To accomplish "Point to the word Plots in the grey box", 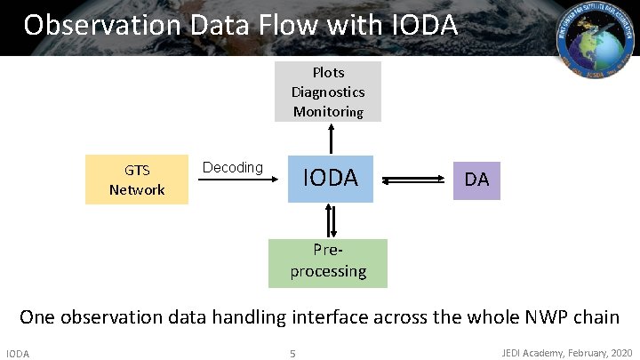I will (x=328, y=73).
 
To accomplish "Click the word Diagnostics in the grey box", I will (x=328, y=92).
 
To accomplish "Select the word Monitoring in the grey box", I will (x=328, y=112).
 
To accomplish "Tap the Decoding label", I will (x=233, y=168).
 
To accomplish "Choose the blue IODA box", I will (x=331, y=179).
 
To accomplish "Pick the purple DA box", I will (x=476, y=180).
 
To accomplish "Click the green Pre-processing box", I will (x=328, y=263).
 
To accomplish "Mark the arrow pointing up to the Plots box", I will (x=331, y=138).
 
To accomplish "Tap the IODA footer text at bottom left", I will (x=18, y=354).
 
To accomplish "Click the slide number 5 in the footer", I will (x=292, y=355).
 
